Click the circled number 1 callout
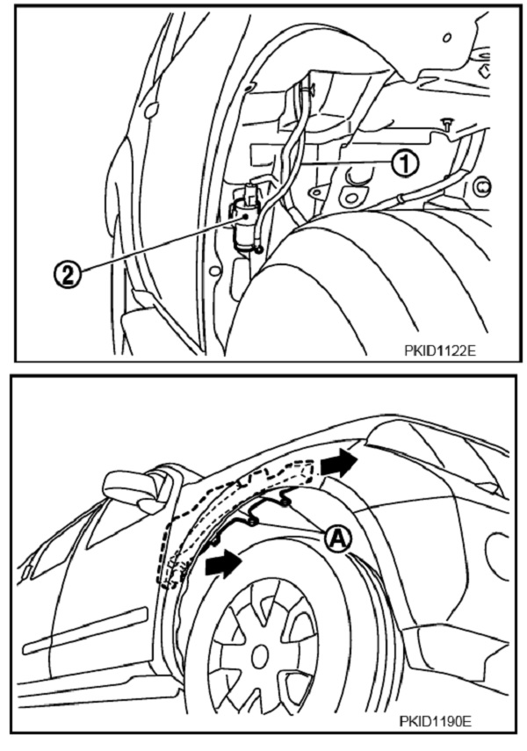tap(405, 163)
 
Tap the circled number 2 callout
tap(68, 276)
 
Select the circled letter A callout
tap(338, 539)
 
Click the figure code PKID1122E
tap(439, 350)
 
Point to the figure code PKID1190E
tap(436, 721)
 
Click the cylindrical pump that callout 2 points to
tap(245, 224)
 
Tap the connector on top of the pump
tap(250, 191)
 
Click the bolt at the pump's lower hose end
tap(259, 249)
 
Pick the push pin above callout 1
tap(446, 124)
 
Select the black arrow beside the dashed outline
tap(338, 462)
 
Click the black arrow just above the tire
tap(223, 564)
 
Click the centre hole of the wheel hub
tap(259, 655)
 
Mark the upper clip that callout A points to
tap(285, 500)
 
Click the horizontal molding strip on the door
tap(84, 631)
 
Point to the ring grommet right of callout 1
tap(483, 185)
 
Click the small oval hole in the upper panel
tap(447, 38)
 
